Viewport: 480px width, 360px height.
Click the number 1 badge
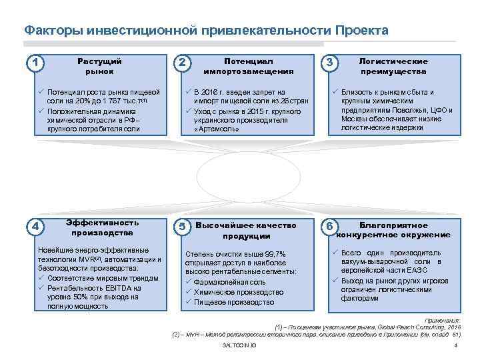tap(35, 63)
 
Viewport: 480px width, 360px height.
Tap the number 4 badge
tap(35, 227)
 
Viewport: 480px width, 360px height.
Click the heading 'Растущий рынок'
tap(99, 65)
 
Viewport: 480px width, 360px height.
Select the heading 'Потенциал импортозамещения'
tap(248, 65)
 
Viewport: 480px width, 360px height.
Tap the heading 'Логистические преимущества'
tap(393, 65)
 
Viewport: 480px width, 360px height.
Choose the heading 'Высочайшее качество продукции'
tap(246, 231)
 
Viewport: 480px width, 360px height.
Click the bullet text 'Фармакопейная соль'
tap(229, 282)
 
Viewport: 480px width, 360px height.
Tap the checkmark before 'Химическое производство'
tap(189, 292)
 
